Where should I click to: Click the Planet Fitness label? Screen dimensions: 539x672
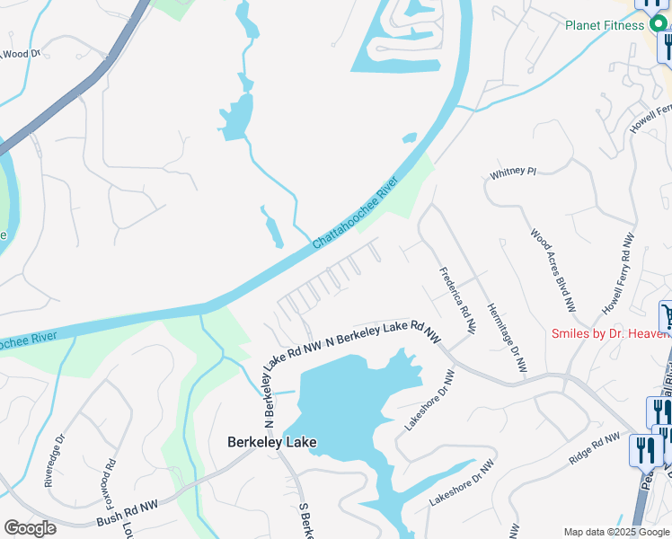click(604, 25)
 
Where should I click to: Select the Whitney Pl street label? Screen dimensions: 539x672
click(512, 172)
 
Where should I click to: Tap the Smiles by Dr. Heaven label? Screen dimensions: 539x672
click(610, 334)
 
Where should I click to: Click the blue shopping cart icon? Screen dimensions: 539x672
click(667, 315)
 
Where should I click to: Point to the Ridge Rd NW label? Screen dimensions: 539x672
click(594, 448)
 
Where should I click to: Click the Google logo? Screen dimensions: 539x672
click(30, 528)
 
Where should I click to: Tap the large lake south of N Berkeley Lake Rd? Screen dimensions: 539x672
click(350, 395)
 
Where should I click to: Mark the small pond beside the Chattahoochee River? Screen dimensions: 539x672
click(410, 138)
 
